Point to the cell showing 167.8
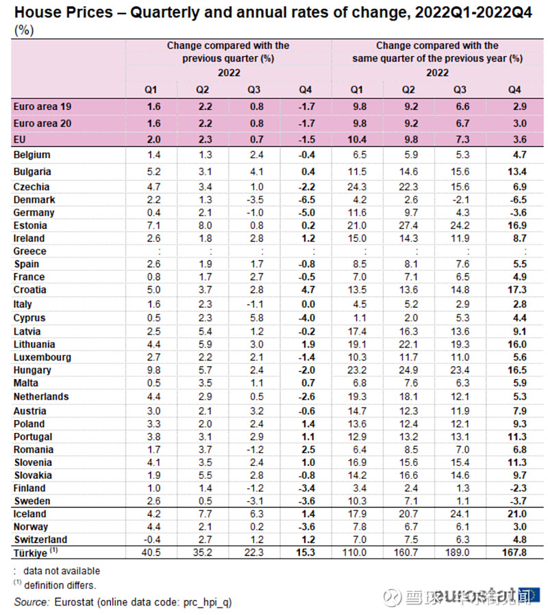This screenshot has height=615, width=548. tap(513, 552)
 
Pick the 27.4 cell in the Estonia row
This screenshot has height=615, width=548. tap(408, 225)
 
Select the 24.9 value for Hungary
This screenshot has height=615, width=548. tap(408, 370)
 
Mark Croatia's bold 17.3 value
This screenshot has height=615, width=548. tap(513, 290)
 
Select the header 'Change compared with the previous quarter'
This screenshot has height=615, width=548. tap(228, 52)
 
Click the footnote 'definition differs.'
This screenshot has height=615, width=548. tap(62, 585)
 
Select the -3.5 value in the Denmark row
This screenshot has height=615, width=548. tap(255, 200)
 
